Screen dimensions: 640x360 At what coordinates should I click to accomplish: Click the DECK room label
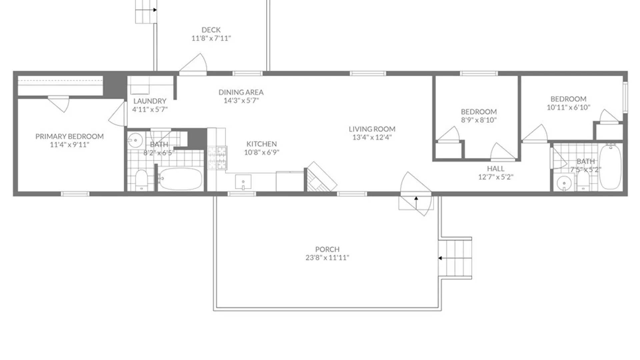(x=211, y=30)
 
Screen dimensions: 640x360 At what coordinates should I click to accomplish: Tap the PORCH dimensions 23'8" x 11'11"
(x=327, y=258)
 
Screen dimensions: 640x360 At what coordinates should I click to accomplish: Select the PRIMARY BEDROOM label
(x=69, y=136)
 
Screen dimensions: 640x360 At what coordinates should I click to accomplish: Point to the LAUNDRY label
(x=150, y=101)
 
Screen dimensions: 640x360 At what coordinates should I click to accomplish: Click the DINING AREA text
(x=241, y=92)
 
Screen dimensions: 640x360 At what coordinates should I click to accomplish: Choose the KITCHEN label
(x=262, y=144)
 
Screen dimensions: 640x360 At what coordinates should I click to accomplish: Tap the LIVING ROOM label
(x=372, y=129)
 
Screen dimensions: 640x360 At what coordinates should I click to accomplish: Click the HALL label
(x=496, y=169)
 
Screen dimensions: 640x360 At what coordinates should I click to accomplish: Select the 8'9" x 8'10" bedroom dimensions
(x=479, y=120)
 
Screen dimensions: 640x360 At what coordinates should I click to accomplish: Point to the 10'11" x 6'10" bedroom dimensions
(x=568, y=107)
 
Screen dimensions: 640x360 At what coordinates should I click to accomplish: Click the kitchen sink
(x=243, y=182)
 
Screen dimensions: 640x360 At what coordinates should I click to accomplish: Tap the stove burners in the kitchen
(x=217, y=158)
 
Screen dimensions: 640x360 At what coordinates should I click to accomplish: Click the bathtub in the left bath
(x=180, y=179)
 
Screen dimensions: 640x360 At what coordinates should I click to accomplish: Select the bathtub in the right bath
(x=611, y=167)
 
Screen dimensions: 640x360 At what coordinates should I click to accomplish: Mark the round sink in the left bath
(x=135, y=140)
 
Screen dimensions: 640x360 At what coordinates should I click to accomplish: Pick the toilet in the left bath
(x=142, y=180)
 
